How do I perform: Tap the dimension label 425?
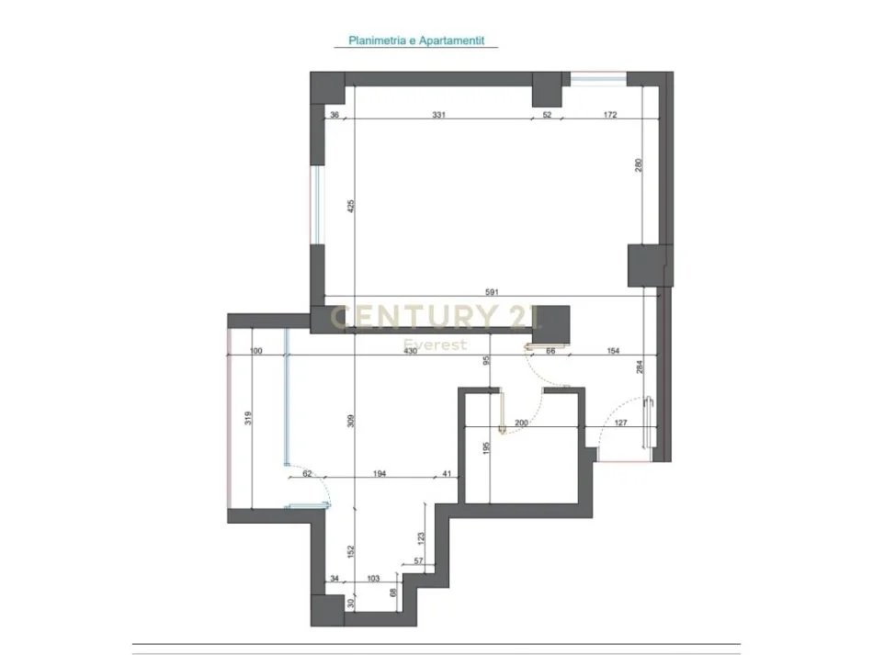(x=350, y=207)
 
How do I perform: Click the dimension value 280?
(x=638, y=166)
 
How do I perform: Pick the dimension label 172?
(x=610, y=115)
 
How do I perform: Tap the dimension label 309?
(x=350, y=423)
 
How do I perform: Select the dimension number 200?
(x=522, y=423)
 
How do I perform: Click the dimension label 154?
(x=613, y=352)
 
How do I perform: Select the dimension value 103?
(x=373, y=578)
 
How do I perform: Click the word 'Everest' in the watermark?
(x=436, y=345)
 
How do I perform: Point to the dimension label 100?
(x=256, y=352)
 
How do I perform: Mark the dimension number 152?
(x=350, y=551)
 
